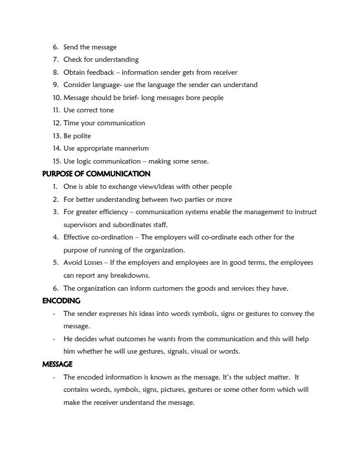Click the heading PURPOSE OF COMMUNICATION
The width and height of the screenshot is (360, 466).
pos(96,174)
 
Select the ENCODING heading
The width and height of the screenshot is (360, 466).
pos(61,301)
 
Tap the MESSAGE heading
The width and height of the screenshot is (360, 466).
pos(57,364)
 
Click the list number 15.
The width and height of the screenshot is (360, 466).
pos(56,161)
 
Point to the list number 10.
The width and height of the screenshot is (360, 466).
pos(56,98)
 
